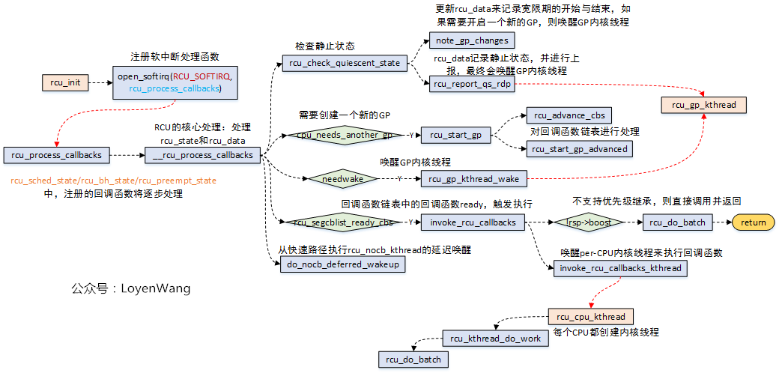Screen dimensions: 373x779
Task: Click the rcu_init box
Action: tap(65, 82)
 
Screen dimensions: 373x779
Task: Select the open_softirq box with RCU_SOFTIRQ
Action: tap(175, 82)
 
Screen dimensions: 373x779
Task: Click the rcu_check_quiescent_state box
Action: tap(345, 63)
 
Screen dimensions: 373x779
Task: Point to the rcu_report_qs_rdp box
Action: tap(472, 84)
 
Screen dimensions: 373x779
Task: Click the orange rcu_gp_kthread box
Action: tap(704, 106)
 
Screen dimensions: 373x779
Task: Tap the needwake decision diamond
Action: tap(336, 179)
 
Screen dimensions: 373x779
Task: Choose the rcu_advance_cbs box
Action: tap(569, 115)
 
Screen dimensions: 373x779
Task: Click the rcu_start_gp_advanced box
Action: tap(580, 148)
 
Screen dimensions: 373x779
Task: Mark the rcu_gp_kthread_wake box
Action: tap(473, 178)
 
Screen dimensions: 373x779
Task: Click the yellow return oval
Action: tap(754, 222)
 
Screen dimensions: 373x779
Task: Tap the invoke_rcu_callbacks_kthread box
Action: tap(620, 267)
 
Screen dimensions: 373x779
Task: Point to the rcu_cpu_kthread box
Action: tap(591, 316)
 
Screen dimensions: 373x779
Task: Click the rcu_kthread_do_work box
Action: tap(495, 339)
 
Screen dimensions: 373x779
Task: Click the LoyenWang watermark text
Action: tap(131, 288)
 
